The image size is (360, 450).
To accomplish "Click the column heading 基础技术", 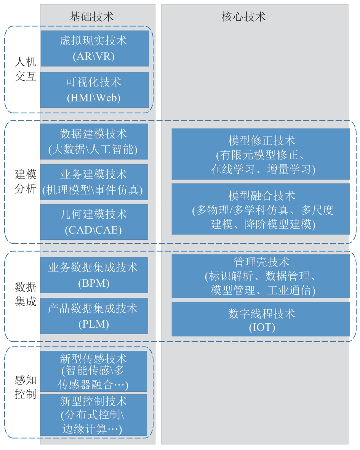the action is point(91,17).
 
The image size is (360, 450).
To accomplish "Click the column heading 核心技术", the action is point(243,17).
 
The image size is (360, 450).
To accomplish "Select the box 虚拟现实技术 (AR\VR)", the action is point(95,48).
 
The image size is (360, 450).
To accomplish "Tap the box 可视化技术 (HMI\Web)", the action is point(94,90).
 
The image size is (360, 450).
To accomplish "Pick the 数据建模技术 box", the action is point(94,141).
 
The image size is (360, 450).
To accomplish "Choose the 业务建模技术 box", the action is point(94,182).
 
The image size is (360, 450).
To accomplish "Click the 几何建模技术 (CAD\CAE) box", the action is point(94,222).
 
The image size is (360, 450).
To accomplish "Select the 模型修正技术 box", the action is point(261,154).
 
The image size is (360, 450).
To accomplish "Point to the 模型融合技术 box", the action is point(261,209).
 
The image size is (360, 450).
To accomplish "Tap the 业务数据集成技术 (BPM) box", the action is point(94,275).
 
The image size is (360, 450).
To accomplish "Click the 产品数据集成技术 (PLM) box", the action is point(94,316).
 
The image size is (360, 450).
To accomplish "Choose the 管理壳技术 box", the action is point(261,276).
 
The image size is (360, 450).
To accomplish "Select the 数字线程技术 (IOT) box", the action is point(261,319).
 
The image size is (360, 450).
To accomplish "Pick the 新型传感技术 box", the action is point(94,371).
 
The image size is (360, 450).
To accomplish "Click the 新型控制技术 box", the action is point(94,415).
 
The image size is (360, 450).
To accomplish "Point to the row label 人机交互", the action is point(26,69).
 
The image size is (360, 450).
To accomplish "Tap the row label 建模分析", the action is point(26,182).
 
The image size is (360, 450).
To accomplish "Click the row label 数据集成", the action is point(26,294).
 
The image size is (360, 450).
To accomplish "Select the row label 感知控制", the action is point(26,387).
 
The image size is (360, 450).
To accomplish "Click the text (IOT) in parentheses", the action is point(262,327).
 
